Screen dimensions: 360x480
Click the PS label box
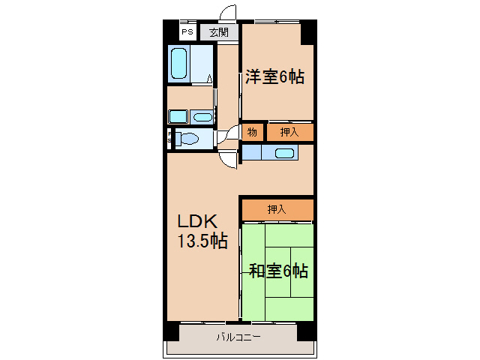coord(186,32)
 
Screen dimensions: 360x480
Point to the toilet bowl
coord(188,139)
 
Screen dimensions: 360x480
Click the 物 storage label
coord(252,133)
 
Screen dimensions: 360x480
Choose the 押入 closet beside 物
coord(289,133)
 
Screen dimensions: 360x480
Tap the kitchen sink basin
coord(284,153)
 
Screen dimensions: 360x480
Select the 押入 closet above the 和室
coord(277,210)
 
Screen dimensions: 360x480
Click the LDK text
coord(196,222)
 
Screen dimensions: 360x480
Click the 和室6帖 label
coord(277,271)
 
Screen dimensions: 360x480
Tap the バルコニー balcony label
coord(238,337)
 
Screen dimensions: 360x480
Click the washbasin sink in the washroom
coord(202,115)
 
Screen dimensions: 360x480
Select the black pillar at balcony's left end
coord(172,331)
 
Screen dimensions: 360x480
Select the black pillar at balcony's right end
coord(306,331)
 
